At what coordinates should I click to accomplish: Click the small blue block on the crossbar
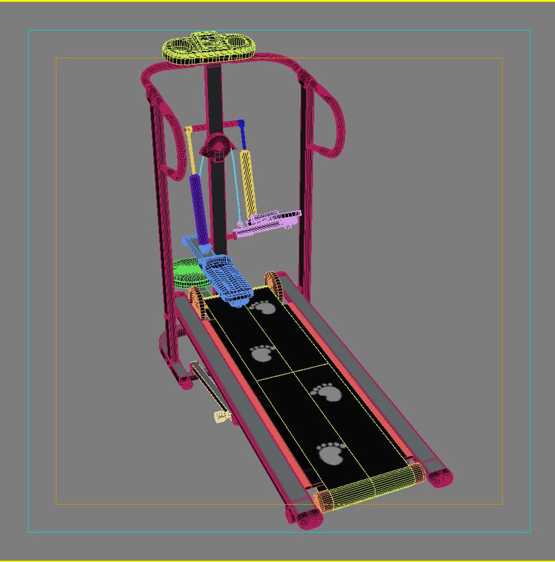coord(240,123)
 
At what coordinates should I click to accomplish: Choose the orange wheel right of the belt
coord(274,285)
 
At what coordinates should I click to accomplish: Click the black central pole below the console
coord(214,99)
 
